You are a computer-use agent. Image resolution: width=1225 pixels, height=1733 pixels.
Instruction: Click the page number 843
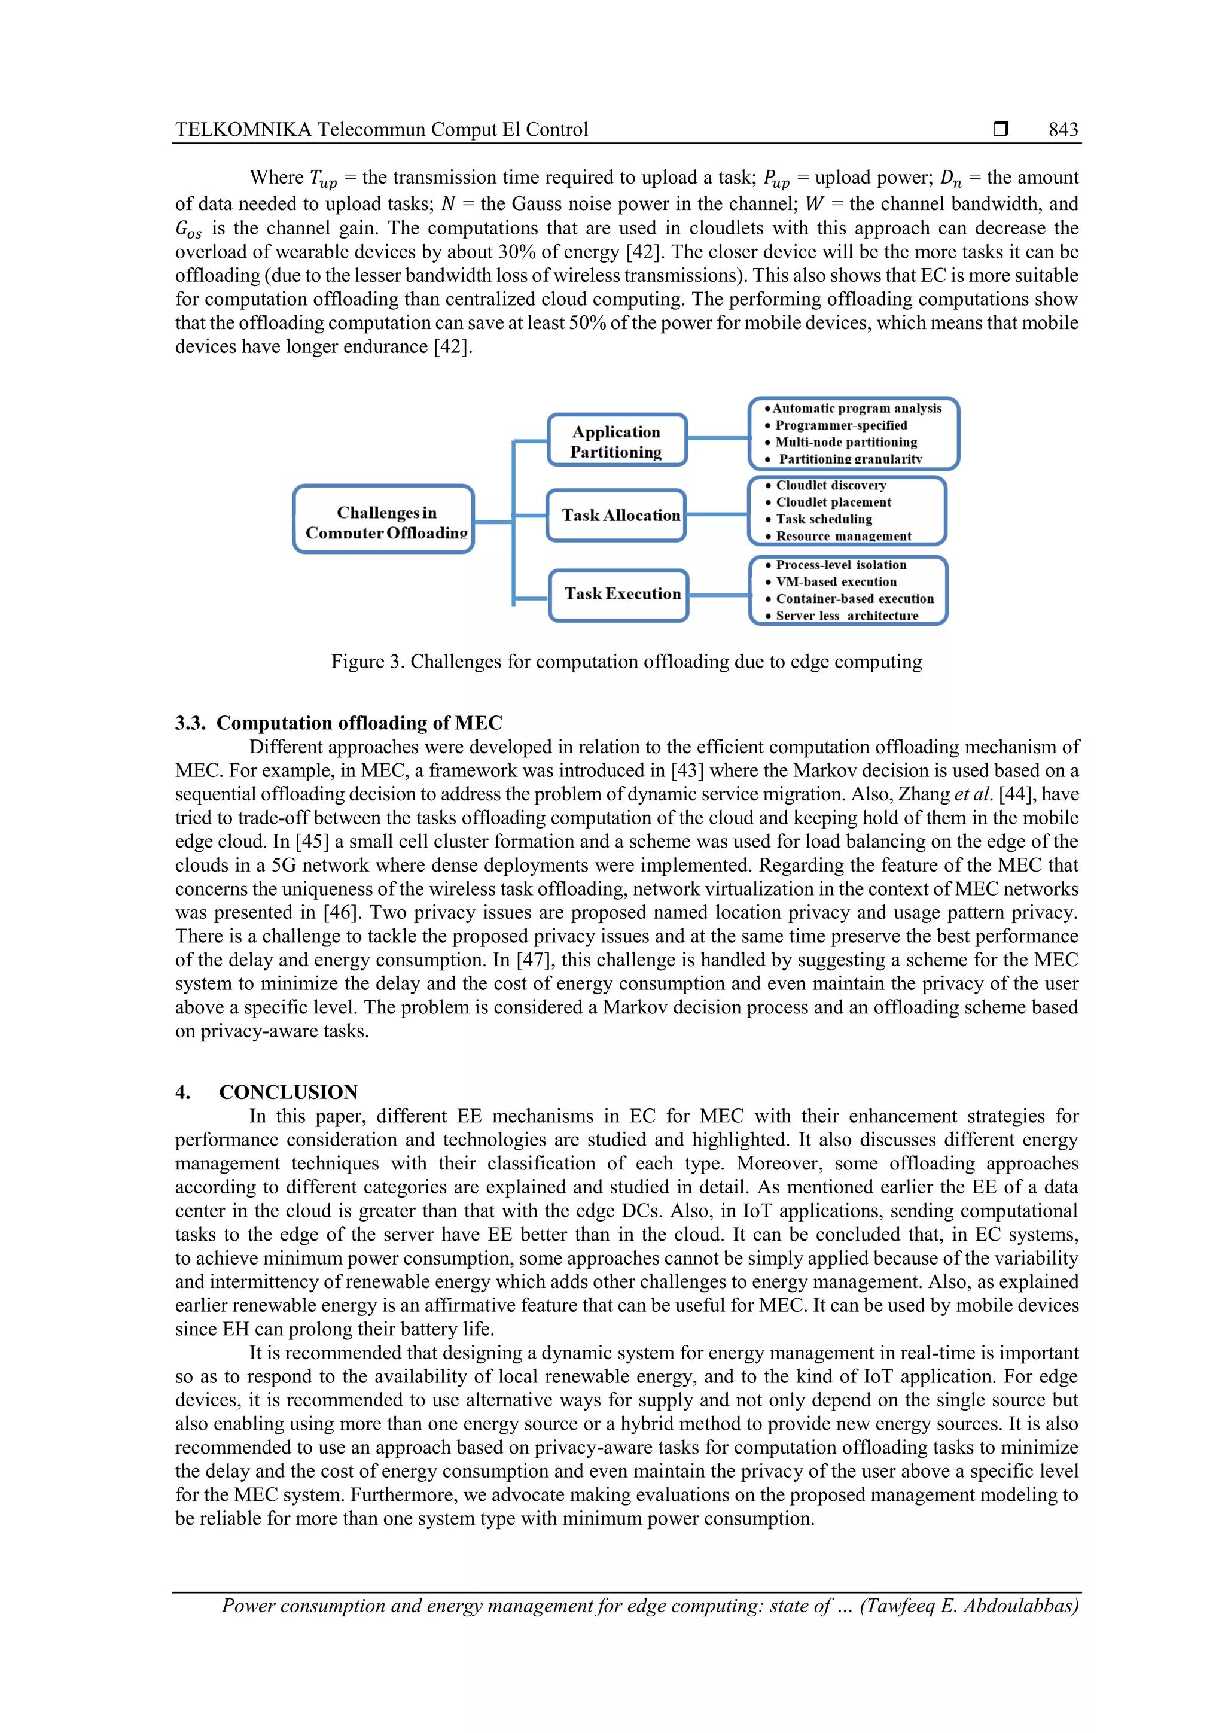click(x=1063, y=129)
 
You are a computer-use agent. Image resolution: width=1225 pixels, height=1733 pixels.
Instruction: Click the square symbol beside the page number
click(x=1001, y=129)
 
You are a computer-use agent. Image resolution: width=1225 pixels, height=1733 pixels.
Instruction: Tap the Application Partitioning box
click(x=616, y=441)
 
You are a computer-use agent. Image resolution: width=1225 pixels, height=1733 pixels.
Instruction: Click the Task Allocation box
click(x=617, y=516)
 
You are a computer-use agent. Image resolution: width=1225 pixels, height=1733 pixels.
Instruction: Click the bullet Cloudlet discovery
click(x=830, y=485)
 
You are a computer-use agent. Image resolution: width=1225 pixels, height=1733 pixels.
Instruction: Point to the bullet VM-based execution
click(x=836, y=582)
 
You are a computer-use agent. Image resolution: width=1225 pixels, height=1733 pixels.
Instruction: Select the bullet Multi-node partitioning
click(x=845, y=442)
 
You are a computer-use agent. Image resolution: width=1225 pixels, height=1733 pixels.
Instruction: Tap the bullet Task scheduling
click(x=824, y=519)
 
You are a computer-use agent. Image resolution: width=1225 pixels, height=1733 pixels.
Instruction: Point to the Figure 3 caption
click(x=626, y=662)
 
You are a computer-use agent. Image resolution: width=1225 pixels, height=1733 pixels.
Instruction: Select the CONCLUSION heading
click(x=288, y=1092)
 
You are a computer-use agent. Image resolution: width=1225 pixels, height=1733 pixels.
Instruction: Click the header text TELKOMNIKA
click(x=242, y=129)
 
